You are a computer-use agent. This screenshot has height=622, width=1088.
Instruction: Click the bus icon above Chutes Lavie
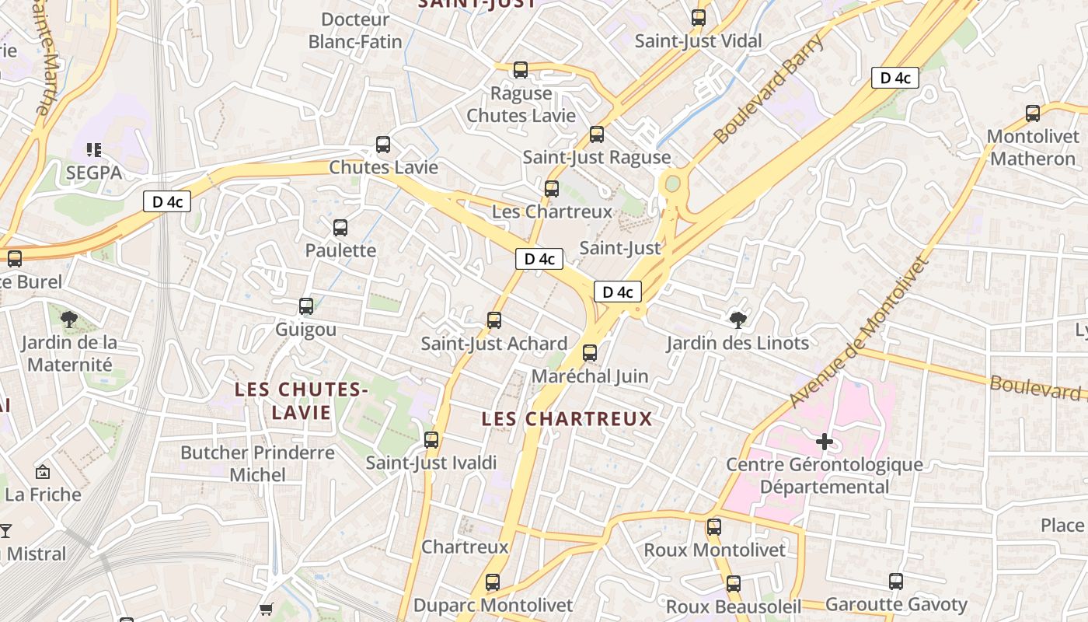[382, 144]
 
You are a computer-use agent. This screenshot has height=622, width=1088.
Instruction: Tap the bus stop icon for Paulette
[340, 228]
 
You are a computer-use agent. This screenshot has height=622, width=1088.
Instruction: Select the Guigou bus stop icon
[306, 306]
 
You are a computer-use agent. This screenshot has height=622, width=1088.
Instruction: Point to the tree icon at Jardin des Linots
[738, 319]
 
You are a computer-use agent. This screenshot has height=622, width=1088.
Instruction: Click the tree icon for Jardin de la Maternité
[68, 319]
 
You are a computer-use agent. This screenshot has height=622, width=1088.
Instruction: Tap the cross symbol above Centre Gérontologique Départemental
[824, 442]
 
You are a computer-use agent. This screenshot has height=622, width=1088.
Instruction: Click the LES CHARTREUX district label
[567, 419]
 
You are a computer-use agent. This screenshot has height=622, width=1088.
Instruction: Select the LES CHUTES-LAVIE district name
[302, 400]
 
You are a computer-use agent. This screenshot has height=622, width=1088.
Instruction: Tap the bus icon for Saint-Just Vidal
[698, 17]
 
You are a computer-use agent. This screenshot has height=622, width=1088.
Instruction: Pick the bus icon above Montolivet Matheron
[1032, 114]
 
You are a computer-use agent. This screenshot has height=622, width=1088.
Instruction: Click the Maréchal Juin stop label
[589, 376]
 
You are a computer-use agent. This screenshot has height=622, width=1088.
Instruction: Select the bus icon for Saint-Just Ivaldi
[431, 440]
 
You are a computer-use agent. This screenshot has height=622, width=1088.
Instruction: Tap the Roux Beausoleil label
[733, 606]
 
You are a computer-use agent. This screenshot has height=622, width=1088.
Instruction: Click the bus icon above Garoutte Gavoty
[895, 582]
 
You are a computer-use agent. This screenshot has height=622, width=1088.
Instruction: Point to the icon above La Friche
[43, 471]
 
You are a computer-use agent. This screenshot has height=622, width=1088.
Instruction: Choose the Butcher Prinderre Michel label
[257, 463]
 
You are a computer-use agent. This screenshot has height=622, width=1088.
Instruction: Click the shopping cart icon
[267, 609]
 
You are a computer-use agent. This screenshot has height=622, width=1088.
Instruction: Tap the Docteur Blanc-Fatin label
[355, 30]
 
